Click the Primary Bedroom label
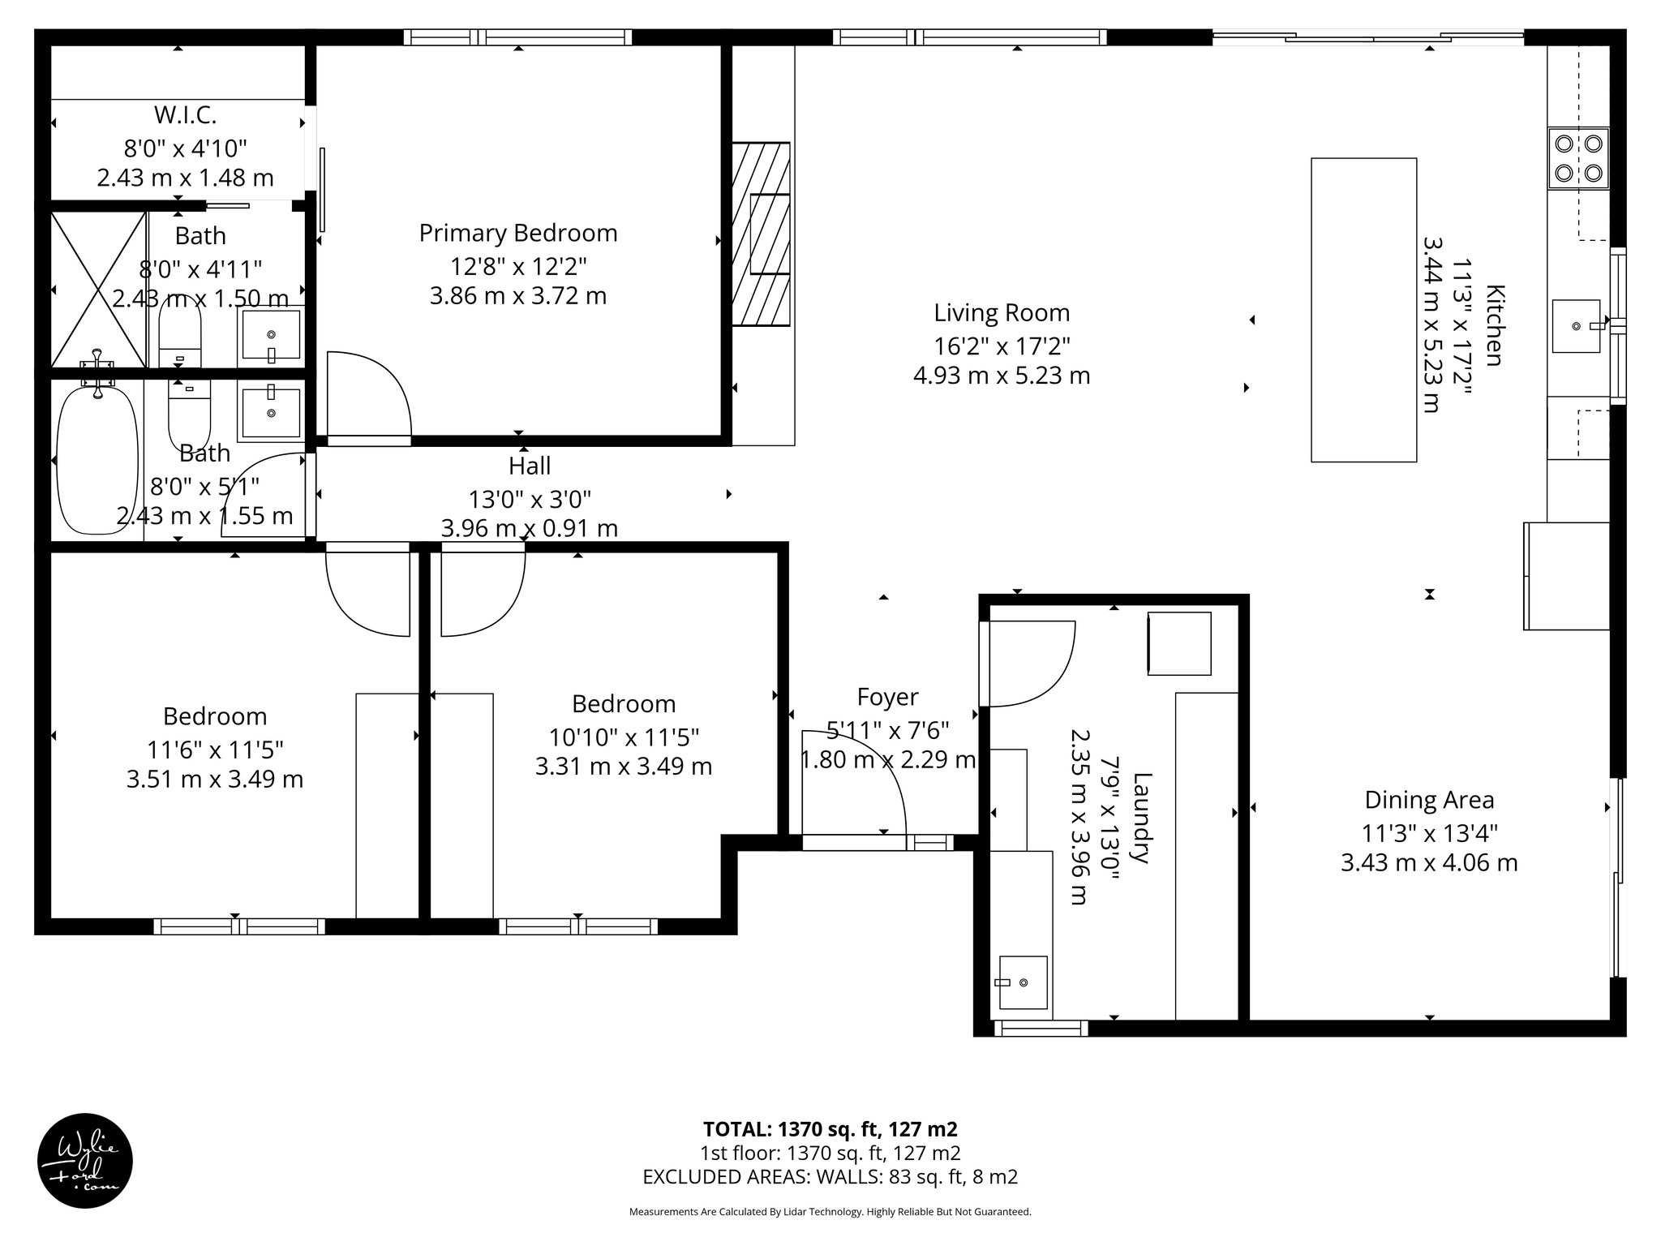(517, 234)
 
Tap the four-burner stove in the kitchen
(1578, 158)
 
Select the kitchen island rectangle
(1363, 310)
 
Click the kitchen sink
(1576, 326)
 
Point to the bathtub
(97, 460)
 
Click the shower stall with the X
(99, 290)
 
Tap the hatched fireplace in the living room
(761, 234)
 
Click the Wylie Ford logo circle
(85, 1161)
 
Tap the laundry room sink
(1022, 982)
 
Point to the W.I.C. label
(185, 116)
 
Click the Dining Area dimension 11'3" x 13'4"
(1428, 832)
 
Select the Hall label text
(529, 466)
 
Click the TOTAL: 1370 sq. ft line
(830, 1129)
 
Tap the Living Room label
(1001, 313)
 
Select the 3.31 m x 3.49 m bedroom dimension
(623, 767)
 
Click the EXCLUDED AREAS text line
(830, 1177)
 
